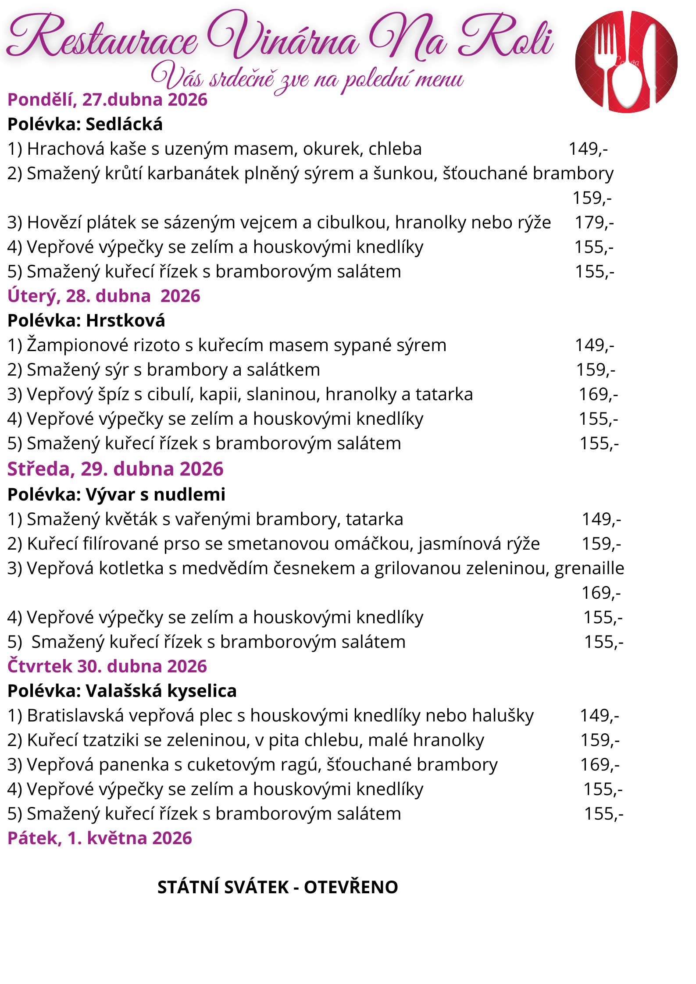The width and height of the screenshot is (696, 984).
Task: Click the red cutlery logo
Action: [x=626, y=62]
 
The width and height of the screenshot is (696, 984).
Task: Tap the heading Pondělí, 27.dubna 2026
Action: [x=107, y=100]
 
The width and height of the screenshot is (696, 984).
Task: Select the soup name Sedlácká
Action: [x=124, y=125]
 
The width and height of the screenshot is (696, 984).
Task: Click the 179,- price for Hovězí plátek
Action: [x=594, y=223]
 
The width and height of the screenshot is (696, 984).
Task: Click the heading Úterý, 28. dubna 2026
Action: [x=104, y=296]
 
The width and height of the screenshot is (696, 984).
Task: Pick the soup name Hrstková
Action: [x=125, y=321]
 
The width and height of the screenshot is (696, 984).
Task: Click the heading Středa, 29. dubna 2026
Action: [x=115, y=469]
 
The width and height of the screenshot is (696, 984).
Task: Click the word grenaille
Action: [x=589, y=568]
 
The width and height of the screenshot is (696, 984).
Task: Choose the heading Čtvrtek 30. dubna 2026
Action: [x=107, y=666]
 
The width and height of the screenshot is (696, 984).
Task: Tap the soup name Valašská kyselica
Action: [x=161, y=691]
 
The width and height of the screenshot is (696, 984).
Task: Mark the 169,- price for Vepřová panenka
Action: [x=600, y=765]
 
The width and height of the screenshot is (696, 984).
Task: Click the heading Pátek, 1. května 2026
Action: [x=100, y=838]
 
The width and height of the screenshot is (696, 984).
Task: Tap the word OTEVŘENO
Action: [x=351, y=887]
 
